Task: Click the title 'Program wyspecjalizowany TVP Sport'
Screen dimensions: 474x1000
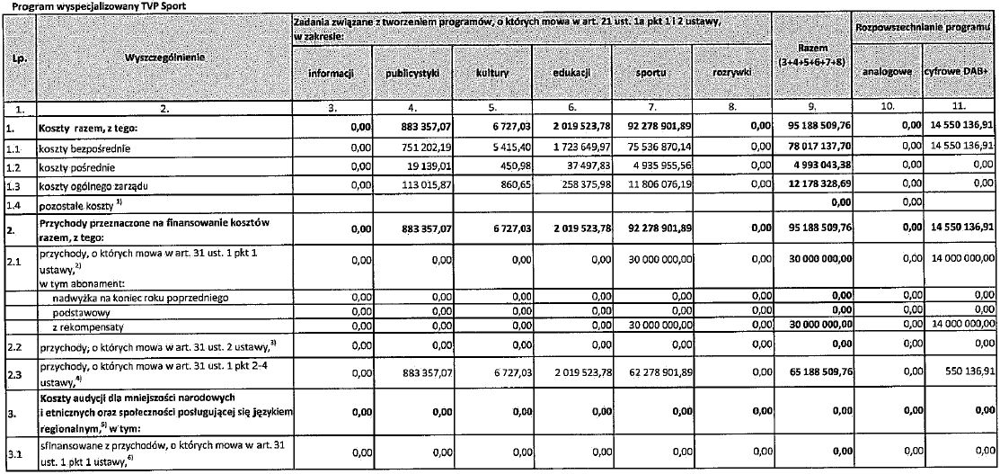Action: tap(63, 4)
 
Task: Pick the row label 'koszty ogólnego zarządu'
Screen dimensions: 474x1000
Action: tap(93, 183)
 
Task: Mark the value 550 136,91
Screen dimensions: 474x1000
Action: tap(967, 371)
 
